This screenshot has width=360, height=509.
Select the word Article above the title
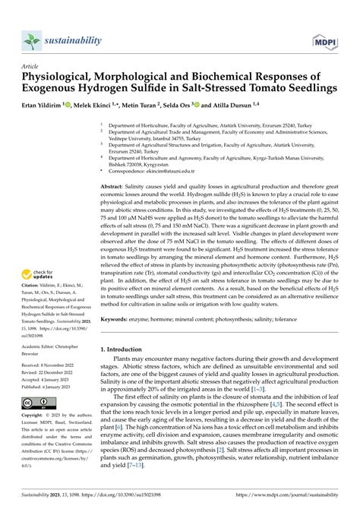pyautogui.click(x=31, y=66)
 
